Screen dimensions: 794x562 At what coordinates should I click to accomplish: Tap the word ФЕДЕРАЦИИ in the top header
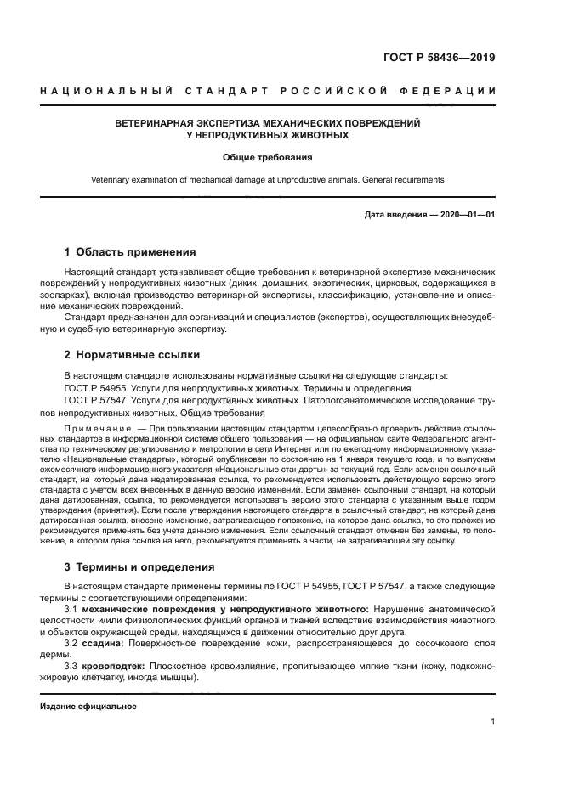click(x=448, y=91)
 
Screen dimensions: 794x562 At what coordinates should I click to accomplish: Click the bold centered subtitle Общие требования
click(x=267, y=157)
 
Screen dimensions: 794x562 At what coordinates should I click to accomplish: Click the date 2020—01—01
click(x=467, y=215)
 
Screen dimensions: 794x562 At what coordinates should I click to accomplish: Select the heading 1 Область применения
click(x=130, y=252)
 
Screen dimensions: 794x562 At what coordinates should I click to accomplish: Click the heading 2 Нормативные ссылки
click(x=132, y=354)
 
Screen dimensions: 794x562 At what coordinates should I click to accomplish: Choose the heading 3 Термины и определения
click(x=139, y=566)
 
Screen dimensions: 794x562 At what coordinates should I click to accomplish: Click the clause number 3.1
click(x=71, y=610)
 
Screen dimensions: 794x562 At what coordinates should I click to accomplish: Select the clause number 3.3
click(x=71, y=667)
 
